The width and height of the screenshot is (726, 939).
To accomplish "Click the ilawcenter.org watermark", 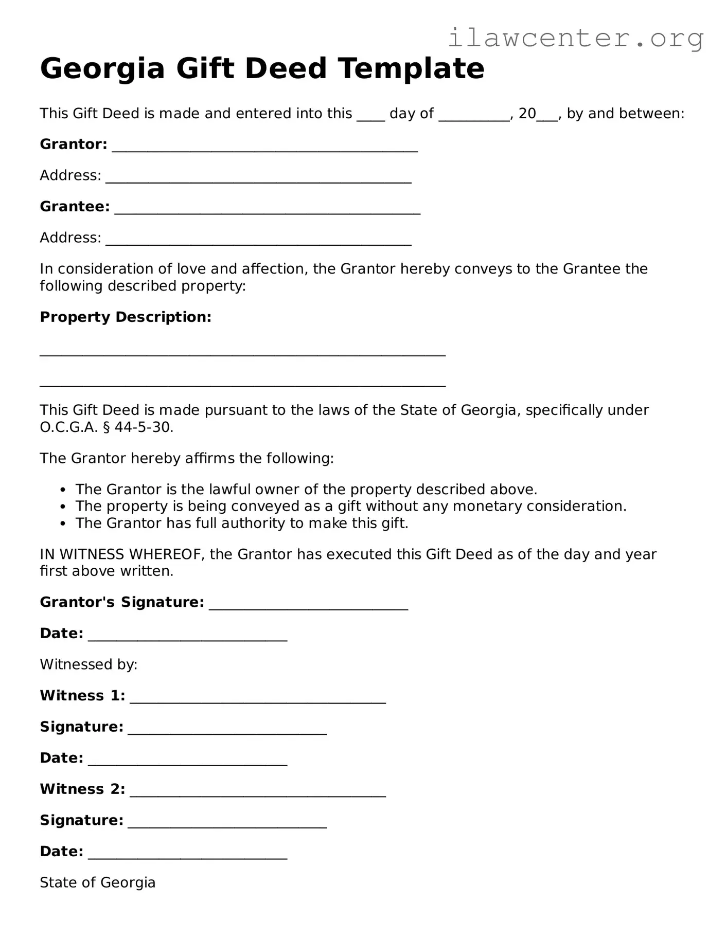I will [575, 38].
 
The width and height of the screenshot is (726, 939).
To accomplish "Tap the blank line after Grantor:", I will [264, 147].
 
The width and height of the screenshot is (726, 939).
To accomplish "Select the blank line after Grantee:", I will [267, 209].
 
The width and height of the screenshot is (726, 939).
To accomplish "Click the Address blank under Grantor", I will [258, 178].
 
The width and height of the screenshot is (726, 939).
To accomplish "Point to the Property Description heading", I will [126, 317].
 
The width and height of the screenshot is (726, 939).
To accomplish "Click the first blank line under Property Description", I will [242, 353].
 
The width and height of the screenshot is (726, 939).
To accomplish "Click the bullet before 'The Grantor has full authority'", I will [63, 524].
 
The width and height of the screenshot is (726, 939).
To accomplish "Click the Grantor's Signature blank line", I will [308, 605].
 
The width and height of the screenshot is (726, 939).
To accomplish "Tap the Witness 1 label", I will [82, 696].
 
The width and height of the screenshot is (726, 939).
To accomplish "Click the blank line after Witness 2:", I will [257, 792].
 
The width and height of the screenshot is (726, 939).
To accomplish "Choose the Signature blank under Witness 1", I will [227, 730].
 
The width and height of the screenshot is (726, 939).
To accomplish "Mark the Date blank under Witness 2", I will [187, 854].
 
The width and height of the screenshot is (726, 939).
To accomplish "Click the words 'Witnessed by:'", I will [88, 664].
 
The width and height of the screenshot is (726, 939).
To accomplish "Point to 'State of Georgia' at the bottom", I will [98, 882].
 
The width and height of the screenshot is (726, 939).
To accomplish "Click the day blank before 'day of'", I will [370, 116].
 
